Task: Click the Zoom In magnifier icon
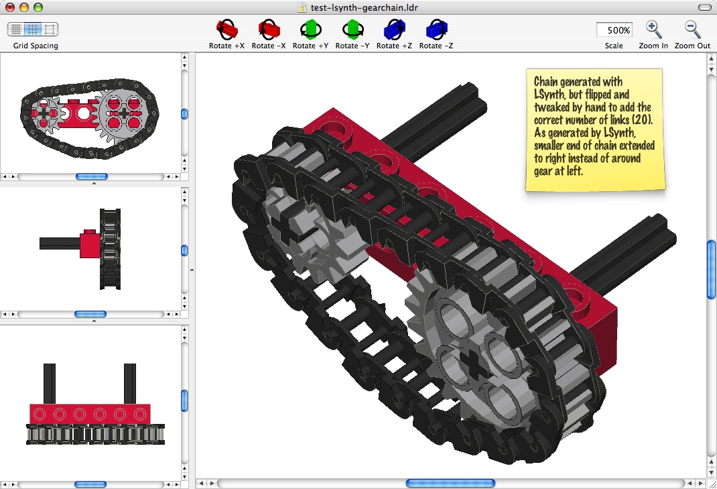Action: tap(653, 30)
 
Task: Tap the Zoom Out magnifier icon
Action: tap(692, 30)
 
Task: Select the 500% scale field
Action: tap(614, 30)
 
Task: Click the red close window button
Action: tap(9, 7)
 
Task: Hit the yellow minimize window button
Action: tap(23, 7)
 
